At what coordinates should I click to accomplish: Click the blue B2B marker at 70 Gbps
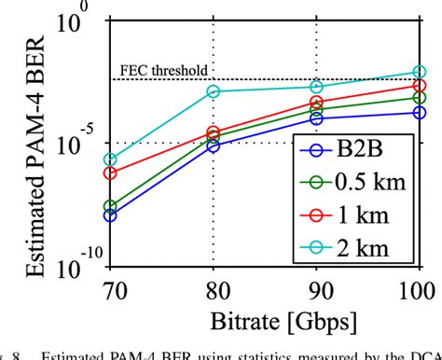(111, 215)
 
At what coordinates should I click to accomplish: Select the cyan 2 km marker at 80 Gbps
(214, 91)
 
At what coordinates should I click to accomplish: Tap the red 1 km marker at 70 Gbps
(111, 173)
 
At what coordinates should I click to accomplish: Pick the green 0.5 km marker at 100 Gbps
(420, 97)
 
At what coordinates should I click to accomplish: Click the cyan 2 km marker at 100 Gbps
(420, 72)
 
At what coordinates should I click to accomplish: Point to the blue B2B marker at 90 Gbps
(316, 118)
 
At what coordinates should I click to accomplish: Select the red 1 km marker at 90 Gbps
(316, 103)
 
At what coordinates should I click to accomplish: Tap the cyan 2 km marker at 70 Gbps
(111, 159)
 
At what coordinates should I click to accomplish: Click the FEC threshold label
(164, 71)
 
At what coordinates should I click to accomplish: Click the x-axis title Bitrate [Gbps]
(266, 321)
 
